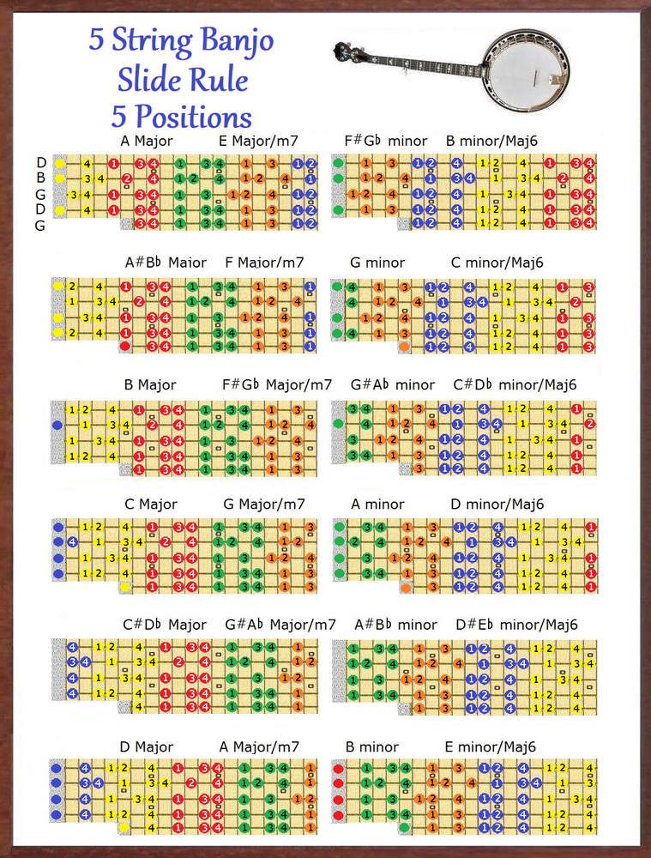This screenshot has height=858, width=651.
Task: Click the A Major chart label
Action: click(148, 141)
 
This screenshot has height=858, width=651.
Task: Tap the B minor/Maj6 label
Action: click(491, 141)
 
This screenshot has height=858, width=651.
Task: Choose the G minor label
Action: click(377, 262)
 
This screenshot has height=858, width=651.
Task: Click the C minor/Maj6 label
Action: click(497, 262)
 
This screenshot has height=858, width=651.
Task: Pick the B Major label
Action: click(150, 384)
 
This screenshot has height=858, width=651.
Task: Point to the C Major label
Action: click(151, 504)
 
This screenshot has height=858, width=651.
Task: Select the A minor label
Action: click(377, 504)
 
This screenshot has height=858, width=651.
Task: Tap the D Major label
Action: click(147, 746)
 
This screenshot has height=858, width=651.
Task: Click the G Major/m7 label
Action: click(264, 504)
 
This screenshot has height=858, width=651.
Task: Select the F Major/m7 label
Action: click(265, 262)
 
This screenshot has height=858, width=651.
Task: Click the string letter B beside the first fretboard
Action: click(41, 178)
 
